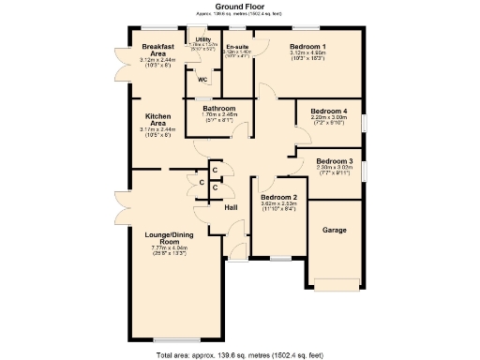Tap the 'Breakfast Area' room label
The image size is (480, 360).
(157, 51)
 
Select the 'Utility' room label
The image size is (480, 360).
(202, 39)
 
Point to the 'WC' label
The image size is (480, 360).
(202, 79)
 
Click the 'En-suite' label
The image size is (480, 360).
(235, 47)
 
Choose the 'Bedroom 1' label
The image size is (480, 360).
(307, 46)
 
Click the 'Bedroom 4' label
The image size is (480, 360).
(328, 112)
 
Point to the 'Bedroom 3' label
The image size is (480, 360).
(334, 161)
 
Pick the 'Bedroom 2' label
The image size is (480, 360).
(278, 197)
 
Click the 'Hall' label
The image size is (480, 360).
(231, 207)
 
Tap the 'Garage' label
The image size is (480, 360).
(334, 230)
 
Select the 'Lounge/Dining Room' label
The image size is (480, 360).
(170, 236)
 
